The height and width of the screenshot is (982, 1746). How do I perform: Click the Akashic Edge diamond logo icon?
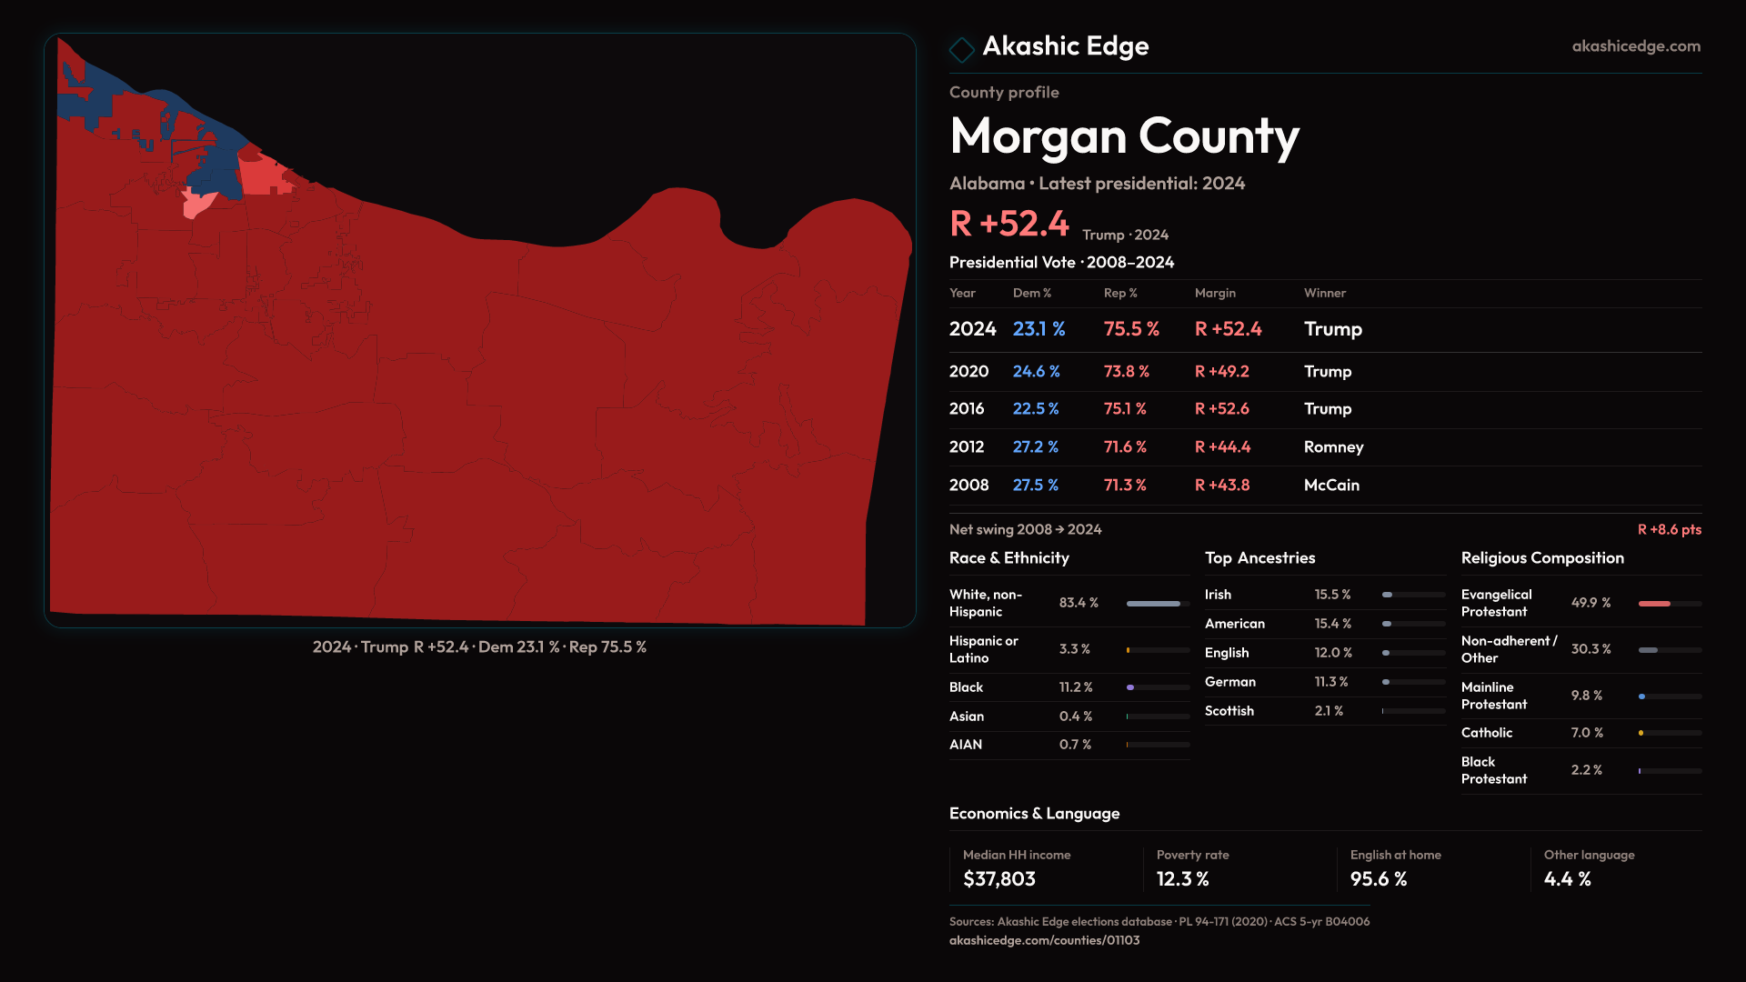click(x=961, y=49)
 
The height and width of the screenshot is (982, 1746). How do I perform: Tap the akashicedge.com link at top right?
click(x=1635, y=46)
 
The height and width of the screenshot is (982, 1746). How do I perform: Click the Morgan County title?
click(x=1124, y=136)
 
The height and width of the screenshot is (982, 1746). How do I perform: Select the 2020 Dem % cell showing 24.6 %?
click(x=1036, y=372)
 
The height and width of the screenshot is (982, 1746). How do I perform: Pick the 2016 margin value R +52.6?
click(x=1221, y=409)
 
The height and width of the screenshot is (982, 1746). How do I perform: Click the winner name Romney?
click(x=1333, y=447)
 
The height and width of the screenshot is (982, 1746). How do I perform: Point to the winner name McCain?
click(x=1331, y=486)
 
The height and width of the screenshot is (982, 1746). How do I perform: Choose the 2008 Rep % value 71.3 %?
click(x=1125, y=486)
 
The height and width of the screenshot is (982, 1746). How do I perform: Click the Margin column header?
click(x=1215, y=294)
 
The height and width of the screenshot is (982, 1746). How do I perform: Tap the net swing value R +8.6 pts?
click(x=1669, y=530)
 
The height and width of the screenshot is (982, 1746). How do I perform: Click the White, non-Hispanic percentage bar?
click(x=1153, y=604)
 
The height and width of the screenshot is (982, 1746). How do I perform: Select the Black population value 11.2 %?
click(x=1076, y=687)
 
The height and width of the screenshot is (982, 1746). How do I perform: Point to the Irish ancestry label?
click(x=1218, y=595)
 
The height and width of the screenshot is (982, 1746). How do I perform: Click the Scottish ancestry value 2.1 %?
click(x=1329, y=711)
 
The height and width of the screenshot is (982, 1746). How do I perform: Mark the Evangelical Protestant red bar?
click(x=1654, y=604)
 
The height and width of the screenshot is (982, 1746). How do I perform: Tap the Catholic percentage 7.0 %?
click(x=1587, y=733)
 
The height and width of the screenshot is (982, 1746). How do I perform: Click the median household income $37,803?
click(x=998, y=879)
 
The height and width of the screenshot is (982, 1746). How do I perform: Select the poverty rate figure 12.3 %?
click(x=1182, y=879)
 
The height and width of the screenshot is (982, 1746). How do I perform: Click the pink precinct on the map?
click(x=198, y=205)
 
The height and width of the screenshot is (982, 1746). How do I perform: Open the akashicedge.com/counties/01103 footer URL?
click(x=1044, y=941)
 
